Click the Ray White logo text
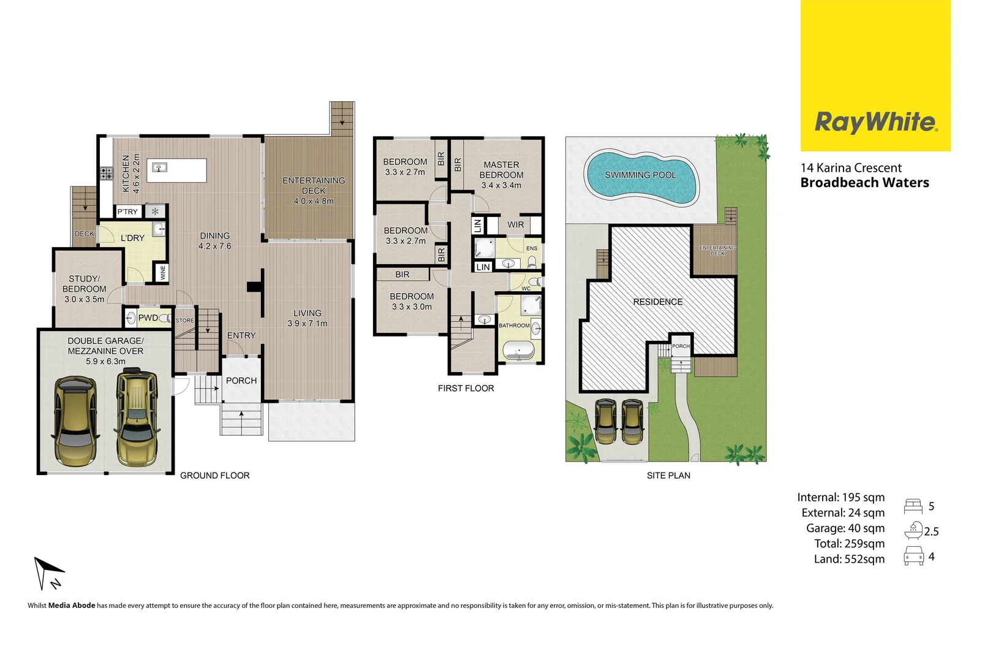coord(875,122)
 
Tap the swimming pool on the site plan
coord(640,176)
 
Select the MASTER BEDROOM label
coord(501,170)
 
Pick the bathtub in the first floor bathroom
coord(518,352)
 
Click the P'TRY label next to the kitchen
coord(127,211)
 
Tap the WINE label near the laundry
coord(163,273)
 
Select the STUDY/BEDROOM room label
coord(84,284)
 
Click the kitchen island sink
coord(160,167)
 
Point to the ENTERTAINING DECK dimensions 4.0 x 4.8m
coord(314,201)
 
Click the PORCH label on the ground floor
coord(241,381)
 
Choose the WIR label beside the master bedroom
coord(515,225)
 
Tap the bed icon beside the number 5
coord(913,506)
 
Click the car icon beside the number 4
coord(913,556)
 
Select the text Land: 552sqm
coord(849,559)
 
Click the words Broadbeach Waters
coord(864,183)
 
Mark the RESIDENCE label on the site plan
coord(657,302)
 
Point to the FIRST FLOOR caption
coord(466,388)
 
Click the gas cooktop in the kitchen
coord(107,173)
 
